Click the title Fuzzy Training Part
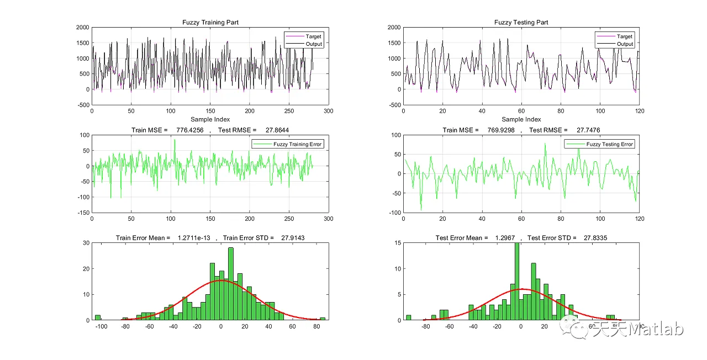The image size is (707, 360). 210,23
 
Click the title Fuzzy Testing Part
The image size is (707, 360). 521,23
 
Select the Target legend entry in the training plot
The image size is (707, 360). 314,36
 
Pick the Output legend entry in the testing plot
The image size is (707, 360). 625,44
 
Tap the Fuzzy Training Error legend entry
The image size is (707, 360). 298,144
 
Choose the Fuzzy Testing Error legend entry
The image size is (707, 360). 610,144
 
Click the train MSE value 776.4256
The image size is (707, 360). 189,130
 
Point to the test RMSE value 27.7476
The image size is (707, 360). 587,130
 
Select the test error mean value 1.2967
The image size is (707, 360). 503,238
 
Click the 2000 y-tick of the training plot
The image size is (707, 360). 83,27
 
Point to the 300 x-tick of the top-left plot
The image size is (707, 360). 329,111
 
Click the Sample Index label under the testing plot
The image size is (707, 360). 521,119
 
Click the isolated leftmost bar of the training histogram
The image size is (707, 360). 98,317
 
